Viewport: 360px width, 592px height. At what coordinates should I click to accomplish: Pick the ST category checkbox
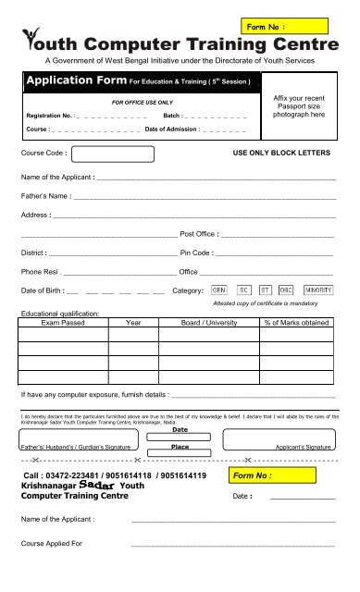267,290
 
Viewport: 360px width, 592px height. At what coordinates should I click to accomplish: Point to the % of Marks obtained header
297,323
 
